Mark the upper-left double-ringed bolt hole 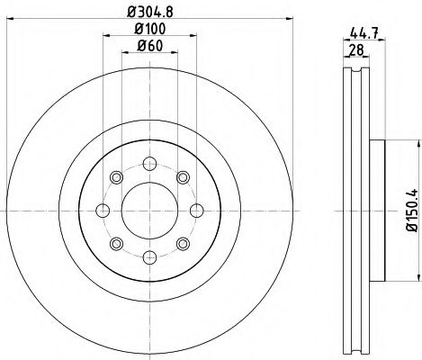click(116, 177)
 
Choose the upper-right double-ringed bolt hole click(181, 177)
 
